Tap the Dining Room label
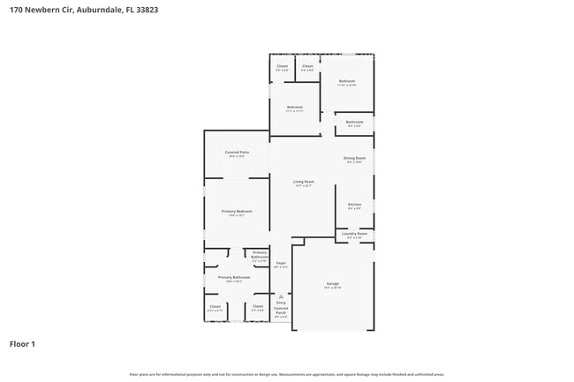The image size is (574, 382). click(x=355, y=158)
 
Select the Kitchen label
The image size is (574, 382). click(x=354, y=205)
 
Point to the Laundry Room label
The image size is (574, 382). click(x=356, y=234)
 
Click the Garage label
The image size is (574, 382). click(x=332, y=283)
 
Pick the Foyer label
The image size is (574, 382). click(x=281, y=263)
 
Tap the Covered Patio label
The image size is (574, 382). click(x=237, y=153)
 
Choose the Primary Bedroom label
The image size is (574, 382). click(x=237, y=212)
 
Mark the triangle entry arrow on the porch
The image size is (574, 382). click(x=281, y=296)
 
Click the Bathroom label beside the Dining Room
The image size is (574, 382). click(x=354, y=122)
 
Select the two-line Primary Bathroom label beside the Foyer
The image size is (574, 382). click(x=260, y=254)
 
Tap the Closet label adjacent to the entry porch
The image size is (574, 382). click(x=258, y=306)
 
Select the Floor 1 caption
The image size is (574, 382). click(x=22, y=343)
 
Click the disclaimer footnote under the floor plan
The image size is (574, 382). click(x=286, y=375)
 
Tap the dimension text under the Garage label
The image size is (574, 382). click(x=332, y=288)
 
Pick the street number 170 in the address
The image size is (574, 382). click(x=16, y=10)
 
